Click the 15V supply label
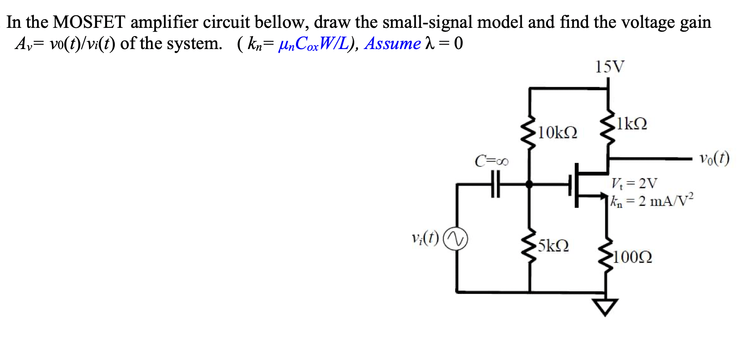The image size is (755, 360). (609, 67)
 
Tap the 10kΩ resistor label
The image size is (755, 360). (558, 133)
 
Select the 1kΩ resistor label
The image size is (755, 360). (632, 123)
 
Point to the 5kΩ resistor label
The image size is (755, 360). (553, 246)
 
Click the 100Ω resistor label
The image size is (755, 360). (632, 257)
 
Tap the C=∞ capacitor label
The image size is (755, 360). (492, 160)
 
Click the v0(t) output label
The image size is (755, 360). (714, 158)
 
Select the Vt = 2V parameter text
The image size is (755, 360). (634, 183)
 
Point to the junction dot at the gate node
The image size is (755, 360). (529, 184)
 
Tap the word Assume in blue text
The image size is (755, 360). (392, 44)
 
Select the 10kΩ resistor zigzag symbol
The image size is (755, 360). (529, 133)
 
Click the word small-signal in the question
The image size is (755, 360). (427, 22)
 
